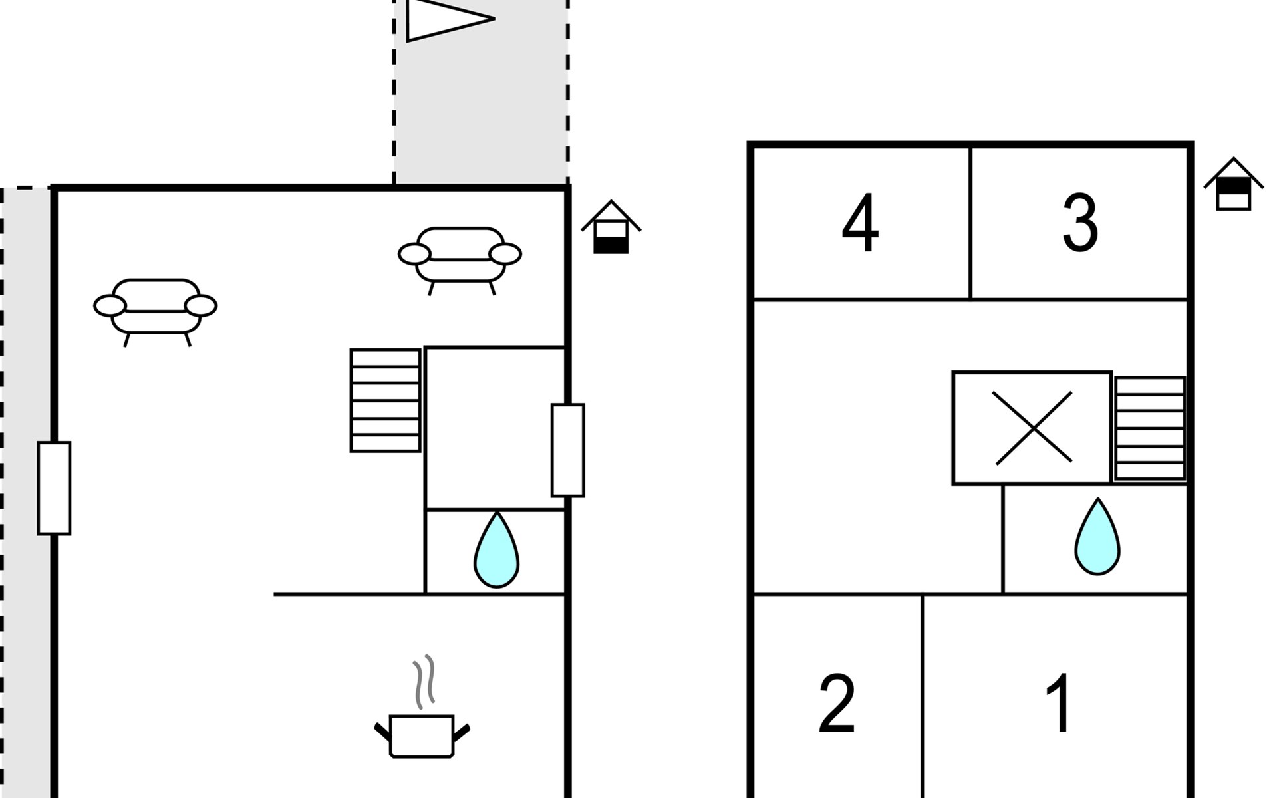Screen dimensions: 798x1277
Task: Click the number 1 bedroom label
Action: (1059, 703)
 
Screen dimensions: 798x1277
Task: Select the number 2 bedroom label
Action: (837, 704)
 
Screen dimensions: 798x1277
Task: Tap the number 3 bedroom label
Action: (1079, 223)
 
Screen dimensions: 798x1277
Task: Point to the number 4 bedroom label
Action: (860, 223)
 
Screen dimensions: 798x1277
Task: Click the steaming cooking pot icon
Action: (422, 734)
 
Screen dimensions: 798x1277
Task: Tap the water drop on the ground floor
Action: (496, 551)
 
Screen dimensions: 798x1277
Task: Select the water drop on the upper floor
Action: (1097, 537)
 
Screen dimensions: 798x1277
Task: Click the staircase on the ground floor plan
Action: (385, 400)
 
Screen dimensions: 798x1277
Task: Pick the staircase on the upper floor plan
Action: (1150, 428)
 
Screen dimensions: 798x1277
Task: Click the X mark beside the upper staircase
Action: (1032, 428)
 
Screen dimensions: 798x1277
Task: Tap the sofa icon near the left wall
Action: (156, 307)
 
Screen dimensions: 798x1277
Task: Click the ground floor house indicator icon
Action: (611, 227)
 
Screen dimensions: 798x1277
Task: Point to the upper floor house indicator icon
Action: (1233, 185)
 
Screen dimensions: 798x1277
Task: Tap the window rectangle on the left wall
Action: (54, 488)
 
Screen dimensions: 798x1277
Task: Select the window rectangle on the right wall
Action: (567, 450)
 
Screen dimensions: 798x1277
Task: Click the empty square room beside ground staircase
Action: (495, 428)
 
